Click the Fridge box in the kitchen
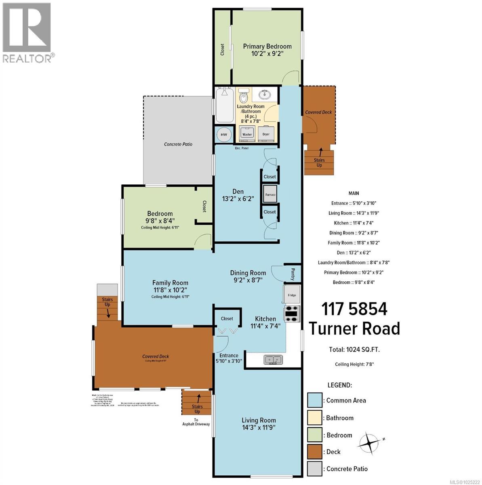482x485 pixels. (292, 295)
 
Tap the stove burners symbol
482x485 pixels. (292, 314)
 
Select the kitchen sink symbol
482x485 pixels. (274, 360)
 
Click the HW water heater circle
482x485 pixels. (224, 134)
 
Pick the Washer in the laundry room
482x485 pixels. (247, 133)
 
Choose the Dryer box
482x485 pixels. (266, 133)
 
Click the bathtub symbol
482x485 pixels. (224, 106)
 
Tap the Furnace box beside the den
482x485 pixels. (270, 194)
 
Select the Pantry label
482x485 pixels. (293, 275)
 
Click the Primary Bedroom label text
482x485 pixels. (267, 46)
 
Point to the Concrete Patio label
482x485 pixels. (178, 144)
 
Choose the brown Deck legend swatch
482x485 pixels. (314, 452)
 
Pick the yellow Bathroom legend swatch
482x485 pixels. (314, 418)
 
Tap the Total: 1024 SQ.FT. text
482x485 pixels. (354, 350)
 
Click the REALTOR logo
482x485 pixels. (27, 32)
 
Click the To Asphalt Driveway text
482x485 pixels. (196, 422)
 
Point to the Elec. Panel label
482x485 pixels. (241, 148)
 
